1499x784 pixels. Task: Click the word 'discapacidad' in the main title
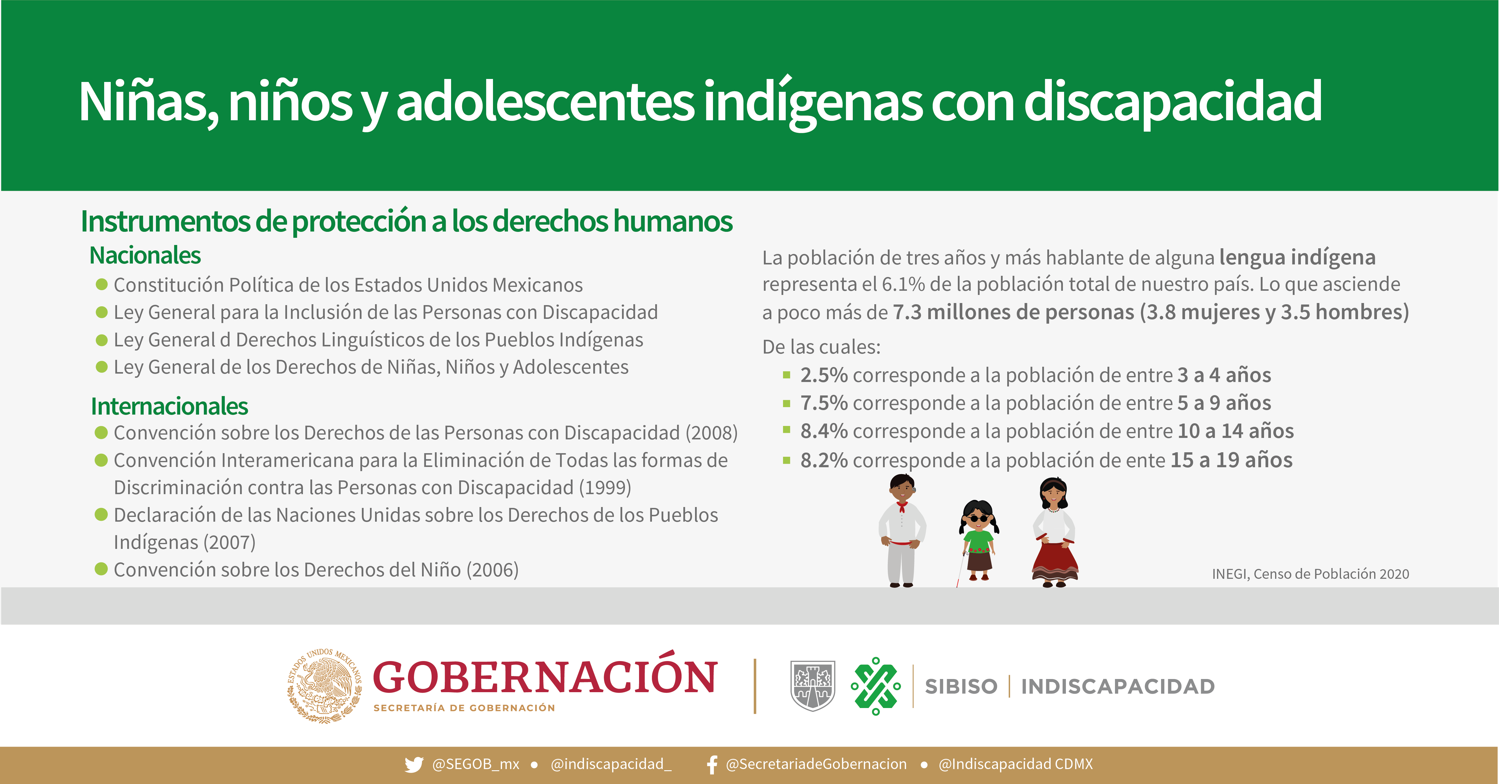[1172, 102]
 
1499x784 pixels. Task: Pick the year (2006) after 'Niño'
[492, 570]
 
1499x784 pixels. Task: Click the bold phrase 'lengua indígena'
[1297, 258]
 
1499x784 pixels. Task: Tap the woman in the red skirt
[1055, 532]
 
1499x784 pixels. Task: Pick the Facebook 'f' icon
[712, 764]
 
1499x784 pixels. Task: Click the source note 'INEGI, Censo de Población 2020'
[1310, 574]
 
